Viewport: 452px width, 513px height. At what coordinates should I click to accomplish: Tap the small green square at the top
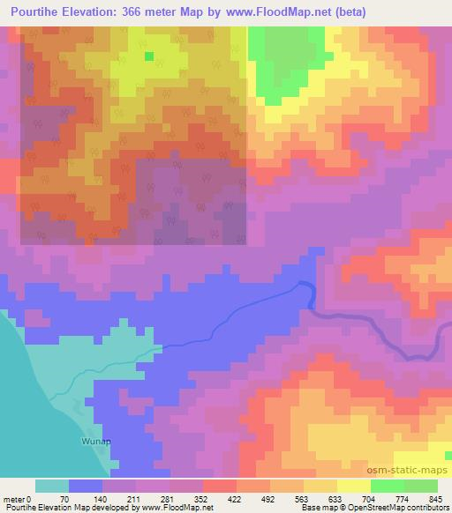click(x=148, y=56)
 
